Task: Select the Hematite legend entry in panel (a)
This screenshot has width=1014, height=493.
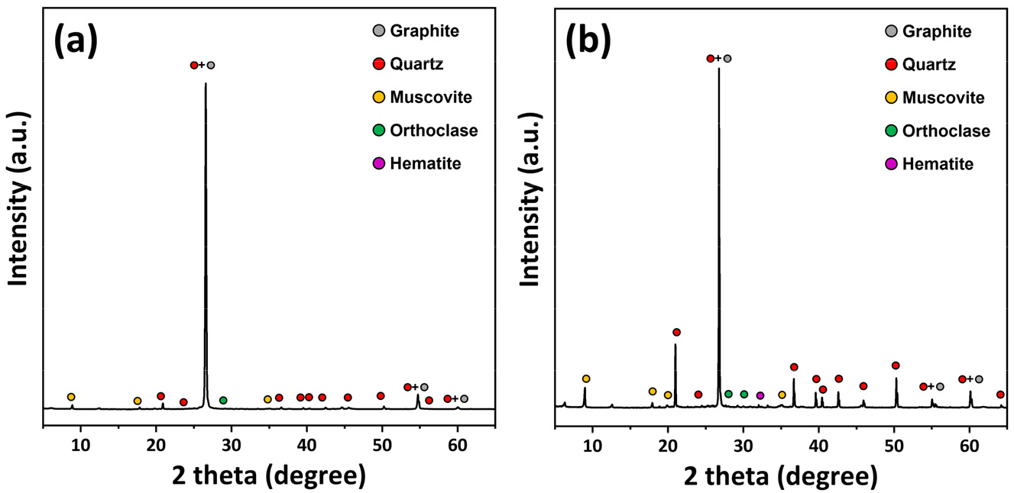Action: pos(425,163)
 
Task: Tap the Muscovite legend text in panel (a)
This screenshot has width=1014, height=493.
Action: pos(431,98)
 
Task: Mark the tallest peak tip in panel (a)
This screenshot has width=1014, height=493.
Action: pos(206,83)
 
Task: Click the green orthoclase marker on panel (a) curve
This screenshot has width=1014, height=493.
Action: pos(223,400)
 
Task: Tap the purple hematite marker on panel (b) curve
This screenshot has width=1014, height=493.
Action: pos(760,395)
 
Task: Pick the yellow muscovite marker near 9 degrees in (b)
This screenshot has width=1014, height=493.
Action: pos(586,379)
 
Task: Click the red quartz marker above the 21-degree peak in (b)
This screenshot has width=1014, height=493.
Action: pos(676,332)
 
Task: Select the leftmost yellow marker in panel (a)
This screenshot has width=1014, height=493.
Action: pos(71,397)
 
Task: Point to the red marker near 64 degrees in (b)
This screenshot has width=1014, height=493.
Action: pos(1000,395)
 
